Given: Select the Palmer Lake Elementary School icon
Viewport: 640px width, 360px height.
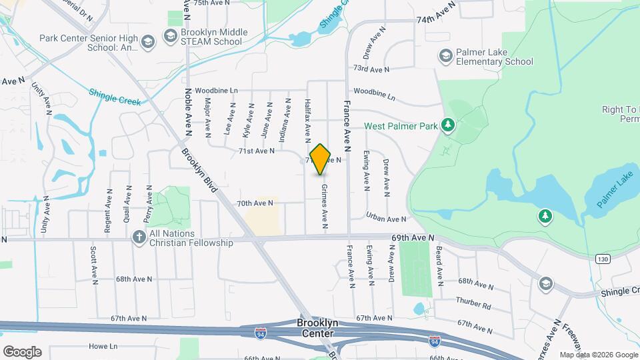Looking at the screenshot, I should point(445,57).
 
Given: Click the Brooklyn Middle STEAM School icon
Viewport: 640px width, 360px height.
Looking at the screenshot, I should point(171,37).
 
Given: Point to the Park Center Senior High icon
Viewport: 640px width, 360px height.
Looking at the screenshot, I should point(147,43).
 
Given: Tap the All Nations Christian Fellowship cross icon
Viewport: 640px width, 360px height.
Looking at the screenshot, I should point(139,238).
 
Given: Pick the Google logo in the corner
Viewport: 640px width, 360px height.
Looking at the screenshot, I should point(22,352).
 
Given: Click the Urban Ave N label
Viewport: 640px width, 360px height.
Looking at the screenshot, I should point(386,219).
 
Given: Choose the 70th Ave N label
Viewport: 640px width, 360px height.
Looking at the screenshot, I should point(255,203).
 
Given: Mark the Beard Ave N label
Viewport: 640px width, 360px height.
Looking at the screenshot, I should point(439,263).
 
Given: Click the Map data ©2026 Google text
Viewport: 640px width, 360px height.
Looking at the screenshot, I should point(598,355).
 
